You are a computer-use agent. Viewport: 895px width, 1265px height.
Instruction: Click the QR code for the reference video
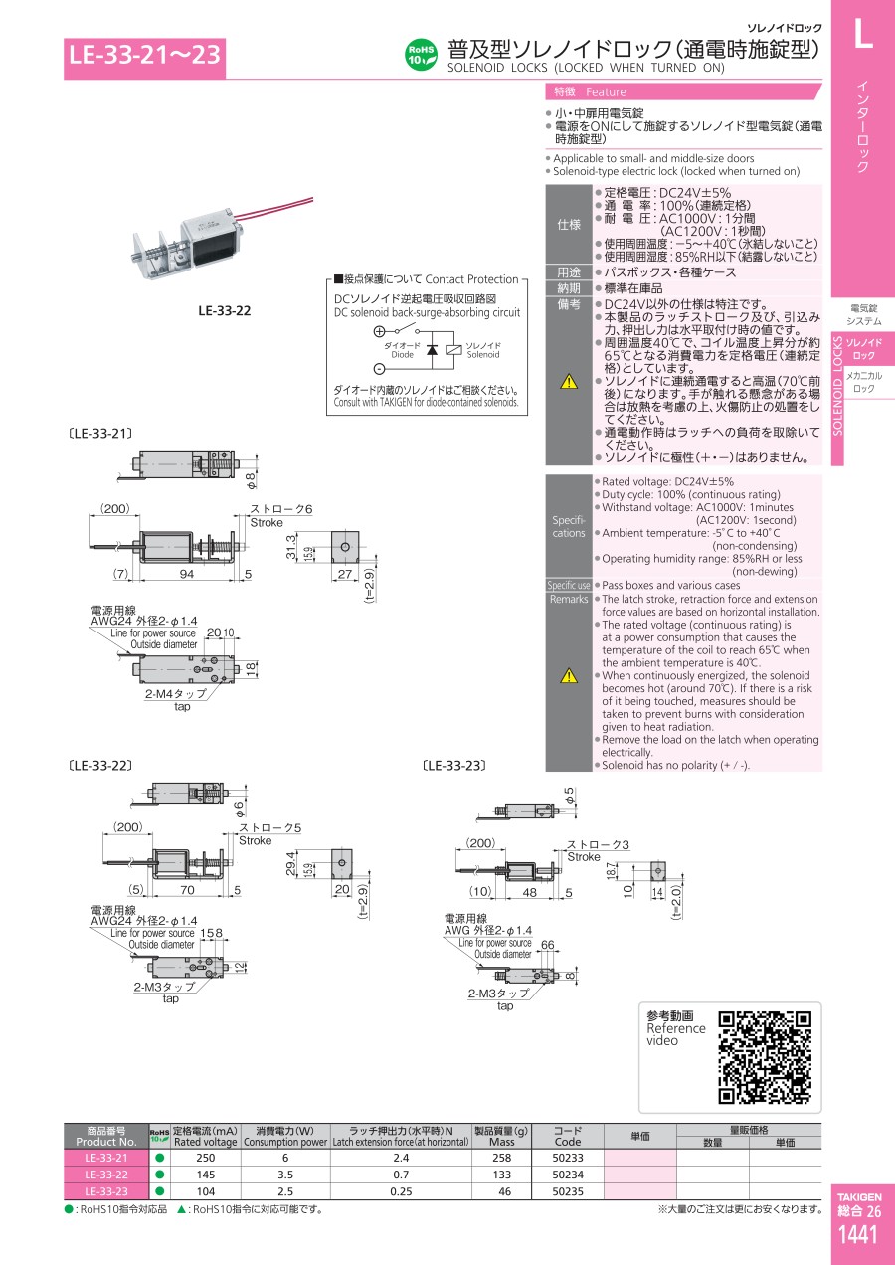(765, 1056)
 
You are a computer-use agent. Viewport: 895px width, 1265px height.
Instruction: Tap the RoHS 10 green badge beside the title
(421, 54)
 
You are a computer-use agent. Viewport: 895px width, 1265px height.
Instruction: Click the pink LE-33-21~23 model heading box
(145, 58)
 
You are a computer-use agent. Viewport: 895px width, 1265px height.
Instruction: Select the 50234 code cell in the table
(567, 1175)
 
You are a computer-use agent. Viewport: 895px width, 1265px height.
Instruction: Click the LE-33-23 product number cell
(105, 1191)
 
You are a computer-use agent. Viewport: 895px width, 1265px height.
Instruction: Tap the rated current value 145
(205, 1175)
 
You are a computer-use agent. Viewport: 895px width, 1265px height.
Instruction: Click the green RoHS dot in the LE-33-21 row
(159, 1158)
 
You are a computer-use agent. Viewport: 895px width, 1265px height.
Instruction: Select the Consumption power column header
(285, 1136)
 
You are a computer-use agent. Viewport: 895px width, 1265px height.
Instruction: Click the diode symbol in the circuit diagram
(432, 350)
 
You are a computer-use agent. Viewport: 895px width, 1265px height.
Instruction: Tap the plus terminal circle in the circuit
(379, 332)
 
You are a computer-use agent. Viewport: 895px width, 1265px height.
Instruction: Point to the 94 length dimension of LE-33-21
(186, 574)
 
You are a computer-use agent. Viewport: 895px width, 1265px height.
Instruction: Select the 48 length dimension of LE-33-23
(530, 892)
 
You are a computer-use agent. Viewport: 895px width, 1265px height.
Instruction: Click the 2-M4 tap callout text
(176, 694)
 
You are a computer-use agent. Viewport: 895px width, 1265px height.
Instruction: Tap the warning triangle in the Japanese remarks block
(568, 381)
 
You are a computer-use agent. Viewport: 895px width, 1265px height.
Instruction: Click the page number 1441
(857, 1235)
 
